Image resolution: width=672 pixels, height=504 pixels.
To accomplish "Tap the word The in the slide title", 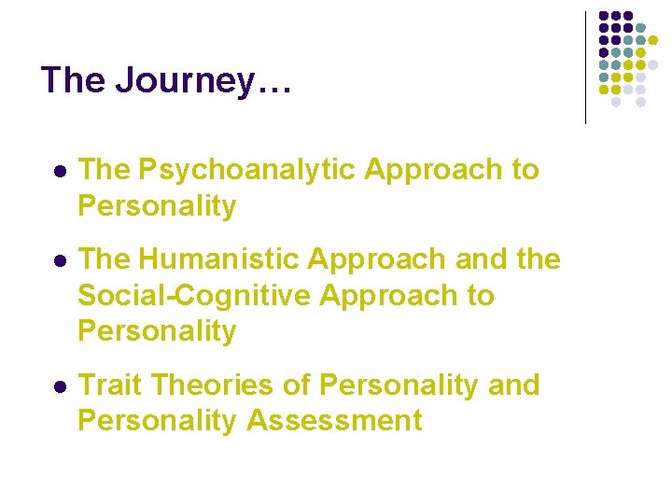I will tap(74, 80).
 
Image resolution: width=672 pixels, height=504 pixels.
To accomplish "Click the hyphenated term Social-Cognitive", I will tap(194, 295).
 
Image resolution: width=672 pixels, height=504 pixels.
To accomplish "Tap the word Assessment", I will tap(334, 420).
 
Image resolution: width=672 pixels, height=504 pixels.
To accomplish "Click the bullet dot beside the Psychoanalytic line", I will tap(59, 172).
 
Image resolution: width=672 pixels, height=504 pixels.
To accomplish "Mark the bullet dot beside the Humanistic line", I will tap(59, 261).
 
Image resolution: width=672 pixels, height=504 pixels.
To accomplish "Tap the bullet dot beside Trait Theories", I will tap(59, 386).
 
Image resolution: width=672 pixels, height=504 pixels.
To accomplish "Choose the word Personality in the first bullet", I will tap(157, 205).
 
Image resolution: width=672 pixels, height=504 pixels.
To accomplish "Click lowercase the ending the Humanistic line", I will tap(537, 259).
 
